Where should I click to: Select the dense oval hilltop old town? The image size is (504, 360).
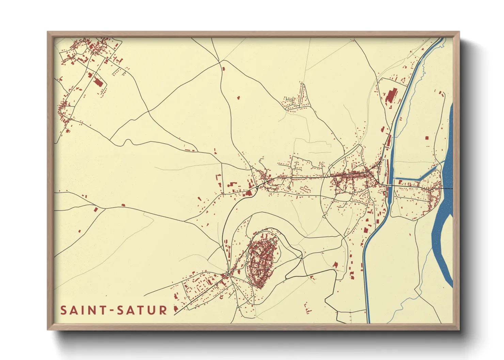coord(263,260)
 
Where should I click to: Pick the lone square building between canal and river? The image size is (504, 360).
coord(427,138)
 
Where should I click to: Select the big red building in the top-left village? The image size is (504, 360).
coord(98,83)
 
